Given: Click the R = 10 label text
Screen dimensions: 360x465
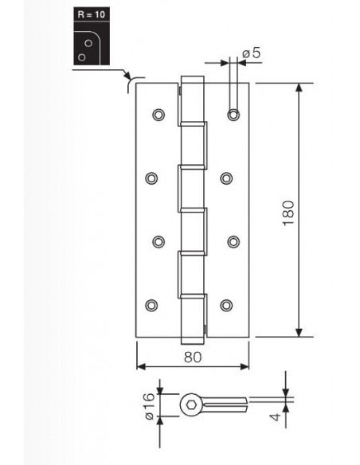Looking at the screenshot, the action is (x=92, y=14).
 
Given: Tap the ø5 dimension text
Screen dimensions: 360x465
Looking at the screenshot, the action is (x=252, y=53).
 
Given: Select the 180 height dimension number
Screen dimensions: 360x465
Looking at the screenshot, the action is (x=288, y=213).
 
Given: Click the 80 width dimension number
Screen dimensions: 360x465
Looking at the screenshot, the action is (x=193, y=357).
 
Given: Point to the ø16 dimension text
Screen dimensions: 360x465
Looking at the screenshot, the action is (x=150, y=406).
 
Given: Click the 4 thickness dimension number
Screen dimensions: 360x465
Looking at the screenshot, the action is (x=276, y=416).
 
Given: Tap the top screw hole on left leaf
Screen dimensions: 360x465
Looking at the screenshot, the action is (x=158, y=115).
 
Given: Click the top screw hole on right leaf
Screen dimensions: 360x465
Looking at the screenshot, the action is (x=233, y=115).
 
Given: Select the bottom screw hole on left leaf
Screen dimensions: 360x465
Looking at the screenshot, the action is (x=151, y=305).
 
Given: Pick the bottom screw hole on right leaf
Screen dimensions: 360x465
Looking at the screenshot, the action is (x=226, y=305).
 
